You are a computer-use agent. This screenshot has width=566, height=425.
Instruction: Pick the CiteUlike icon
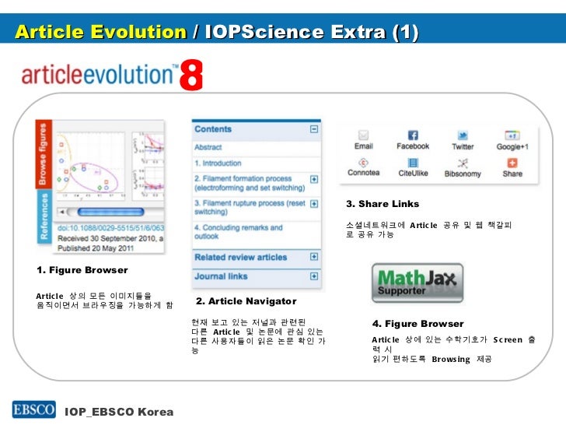pos(413,163)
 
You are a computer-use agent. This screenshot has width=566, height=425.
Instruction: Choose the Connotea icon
pos(363,163)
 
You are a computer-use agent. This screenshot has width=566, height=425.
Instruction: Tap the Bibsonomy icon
pos(463,163)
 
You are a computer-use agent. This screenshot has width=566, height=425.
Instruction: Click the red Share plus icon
pos(512,163)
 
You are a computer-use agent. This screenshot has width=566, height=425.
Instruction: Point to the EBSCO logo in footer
pos(33,409)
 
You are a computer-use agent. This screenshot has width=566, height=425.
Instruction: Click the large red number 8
pos(191,77)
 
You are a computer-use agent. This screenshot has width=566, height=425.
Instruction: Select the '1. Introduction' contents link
pos(218,163)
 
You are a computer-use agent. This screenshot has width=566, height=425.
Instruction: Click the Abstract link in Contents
pos(208,146)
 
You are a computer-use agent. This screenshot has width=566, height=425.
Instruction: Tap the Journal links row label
pos(222,276)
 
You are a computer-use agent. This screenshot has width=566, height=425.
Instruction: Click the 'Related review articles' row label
pos(240,257)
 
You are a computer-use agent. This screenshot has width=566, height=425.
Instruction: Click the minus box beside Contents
pos(313,130)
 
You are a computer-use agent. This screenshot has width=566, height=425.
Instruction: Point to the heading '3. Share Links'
pos(383,204)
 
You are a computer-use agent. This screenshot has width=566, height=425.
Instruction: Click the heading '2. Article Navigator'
pos(246,301)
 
